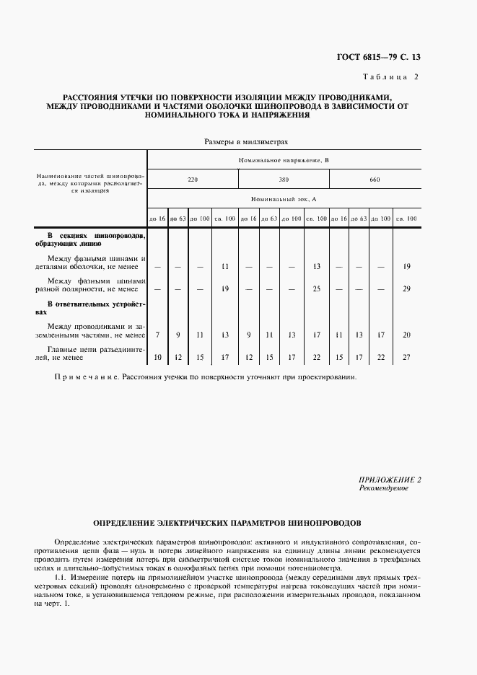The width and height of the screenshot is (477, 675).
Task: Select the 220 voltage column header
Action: click(x=193, y=179)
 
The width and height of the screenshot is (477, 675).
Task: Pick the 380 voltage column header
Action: click(x=284, y=179)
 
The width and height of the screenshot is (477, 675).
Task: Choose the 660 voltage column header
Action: click(x=375, y=179)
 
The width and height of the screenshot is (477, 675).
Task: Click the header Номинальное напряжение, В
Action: click(x=284, y=160)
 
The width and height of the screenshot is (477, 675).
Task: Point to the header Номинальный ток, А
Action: click(x=284, y=198)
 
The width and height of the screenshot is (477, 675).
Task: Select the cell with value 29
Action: click(x=407, y=288)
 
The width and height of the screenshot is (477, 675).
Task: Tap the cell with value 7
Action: click(x=157, y=335)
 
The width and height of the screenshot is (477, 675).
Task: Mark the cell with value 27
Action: click(x=407, y=357)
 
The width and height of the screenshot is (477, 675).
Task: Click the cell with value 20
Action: click(x=407, y=335)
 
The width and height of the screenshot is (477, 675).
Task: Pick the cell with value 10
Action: click(x=157, y=357)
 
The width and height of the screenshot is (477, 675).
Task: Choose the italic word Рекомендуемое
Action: click(x=384, y=488)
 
